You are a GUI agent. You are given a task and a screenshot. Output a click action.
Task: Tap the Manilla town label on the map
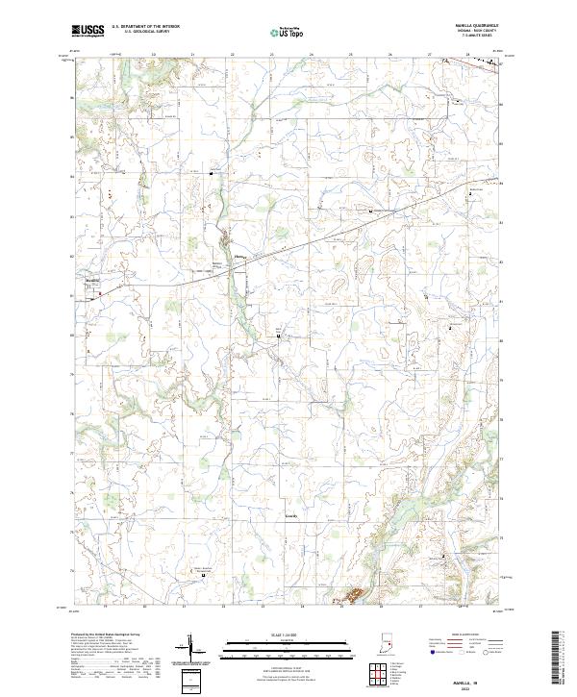click(93, 281)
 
